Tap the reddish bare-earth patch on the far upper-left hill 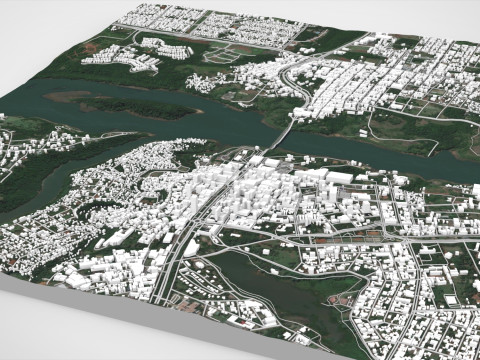[92, 46]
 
